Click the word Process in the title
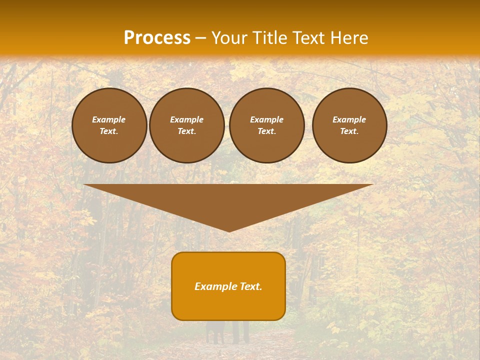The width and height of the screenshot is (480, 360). (x=157, y=38)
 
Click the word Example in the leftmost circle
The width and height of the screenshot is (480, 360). (x=109, y=120)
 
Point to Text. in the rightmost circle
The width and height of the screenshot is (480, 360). (x=349, y=131)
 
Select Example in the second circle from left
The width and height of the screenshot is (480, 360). (x=187, y=120)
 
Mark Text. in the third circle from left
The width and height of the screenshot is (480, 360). (x=267, y=131)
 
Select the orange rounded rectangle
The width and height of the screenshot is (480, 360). (x=228, y=305)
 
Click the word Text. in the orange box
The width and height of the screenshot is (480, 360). (x=251, y=286)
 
